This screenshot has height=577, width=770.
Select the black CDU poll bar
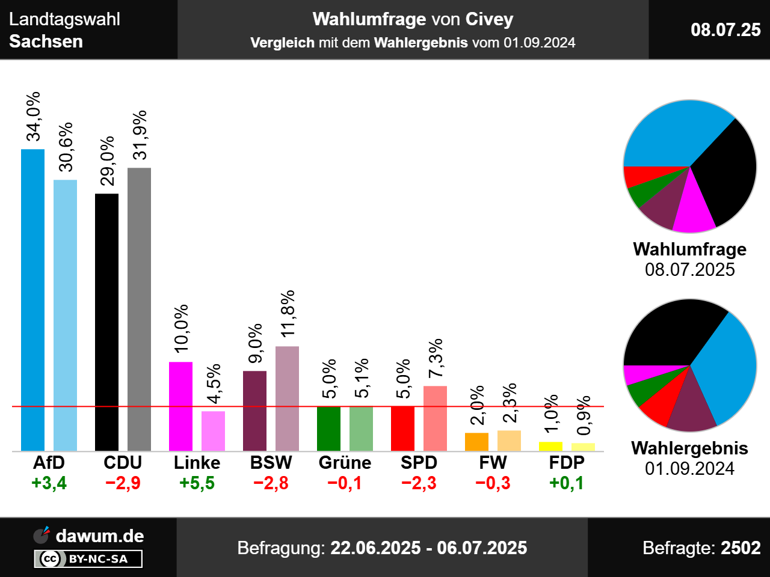[106, 322]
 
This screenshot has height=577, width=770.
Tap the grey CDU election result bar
[139, 309]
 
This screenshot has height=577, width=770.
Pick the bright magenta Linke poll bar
[180, 406]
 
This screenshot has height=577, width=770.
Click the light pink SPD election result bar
[435, 418]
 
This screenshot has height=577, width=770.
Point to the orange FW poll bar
[476, 442]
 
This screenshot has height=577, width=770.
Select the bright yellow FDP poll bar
[550, 446]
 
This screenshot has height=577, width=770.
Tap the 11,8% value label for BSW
[288, 313]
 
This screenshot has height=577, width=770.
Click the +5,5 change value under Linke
[197, 483]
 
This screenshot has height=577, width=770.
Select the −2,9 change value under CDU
[123, 483]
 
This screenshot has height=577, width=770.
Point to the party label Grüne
[345, 463]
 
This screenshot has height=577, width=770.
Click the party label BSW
[271, 463]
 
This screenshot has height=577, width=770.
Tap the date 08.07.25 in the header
[725, 29]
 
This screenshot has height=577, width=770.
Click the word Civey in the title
[488, 19]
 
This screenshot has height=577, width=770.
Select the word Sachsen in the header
[46, 41]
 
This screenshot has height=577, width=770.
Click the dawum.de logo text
[100, 536]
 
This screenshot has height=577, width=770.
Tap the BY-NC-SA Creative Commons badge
[88, 559]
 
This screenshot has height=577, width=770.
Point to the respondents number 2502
[741, 548]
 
